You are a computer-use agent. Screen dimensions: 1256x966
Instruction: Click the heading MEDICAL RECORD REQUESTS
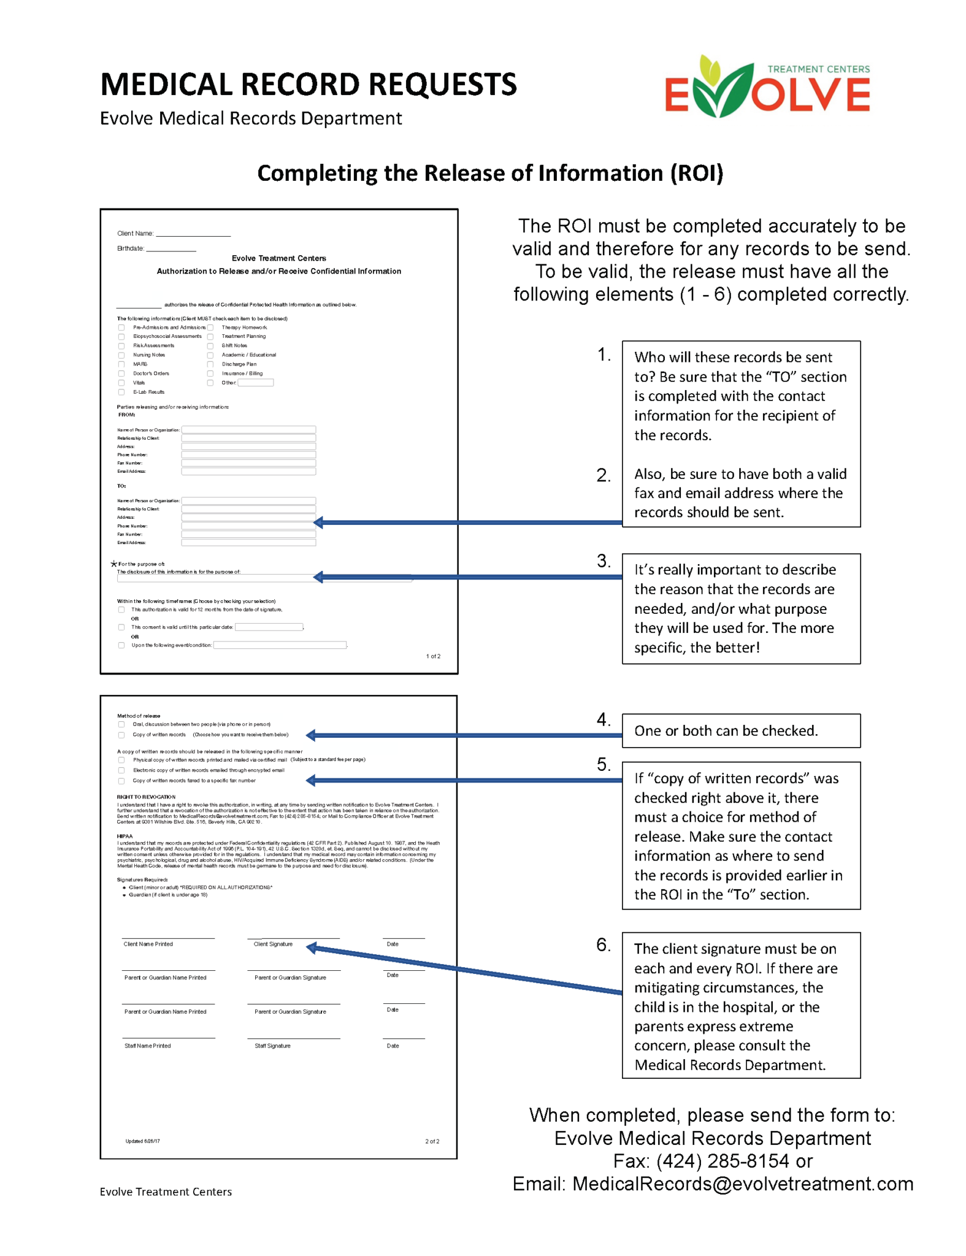tap(308, 85)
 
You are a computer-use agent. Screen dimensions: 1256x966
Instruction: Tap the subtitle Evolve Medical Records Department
tap(250, 118)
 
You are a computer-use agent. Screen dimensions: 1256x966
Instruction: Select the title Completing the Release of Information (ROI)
tap(489, 174)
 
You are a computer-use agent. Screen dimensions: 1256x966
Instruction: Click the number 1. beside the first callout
tap(604, 354)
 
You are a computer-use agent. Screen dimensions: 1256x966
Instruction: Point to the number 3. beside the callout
tap(604, 561)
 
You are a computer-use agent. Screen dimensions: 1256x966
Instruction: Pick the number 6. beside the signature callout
tap(604, 944)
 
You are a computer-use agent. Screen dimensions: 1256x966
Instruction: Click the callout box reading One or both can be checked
tap(740, 730)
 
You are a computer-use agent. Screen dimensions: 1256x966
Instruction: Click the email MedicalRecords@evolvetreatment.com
tap(742, 1184)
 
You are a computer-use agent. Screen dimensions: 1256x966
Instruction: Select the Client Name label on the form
tap(135, 234)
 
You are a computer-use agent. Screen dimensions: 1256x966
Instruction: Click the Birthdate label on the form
tap(131, 248)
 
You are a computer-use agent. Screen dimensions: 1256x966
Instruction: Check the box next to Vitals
tap(121, 383)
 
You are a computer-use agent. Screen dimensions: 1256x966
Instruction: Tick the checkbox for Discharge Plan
tap(210, 364)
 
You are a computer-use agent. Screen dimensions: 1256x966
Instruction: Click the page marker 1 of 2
tap(433, 656)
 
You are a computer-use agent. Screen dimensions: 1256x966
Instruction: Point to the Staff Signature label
tap(272, 1046)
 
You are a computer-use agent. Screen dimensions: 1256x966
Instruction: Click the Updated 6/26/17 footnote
tap(142, 1141)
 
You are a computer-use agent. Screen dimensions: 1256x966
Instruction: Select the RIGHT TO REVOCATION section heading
tap(146, 797)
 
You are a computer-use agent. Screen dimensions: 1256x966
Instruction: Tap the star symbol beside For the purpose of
tap(113, 564)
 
